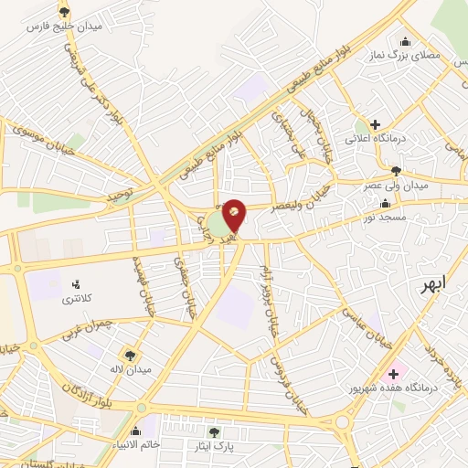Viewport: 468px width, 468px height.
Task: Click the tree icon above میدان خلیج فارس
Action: (63, 12)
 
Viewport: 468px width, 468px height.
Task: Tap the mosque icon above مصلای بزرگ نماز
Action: (405, 41)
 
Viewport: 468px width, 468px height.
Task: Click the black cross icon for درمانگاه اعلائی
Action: (375, 124)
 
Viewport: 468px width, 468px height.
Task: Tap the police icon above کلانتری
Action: (76, 283)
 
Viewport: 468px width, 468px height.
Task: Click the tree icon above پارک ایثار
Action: (214, 431)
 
